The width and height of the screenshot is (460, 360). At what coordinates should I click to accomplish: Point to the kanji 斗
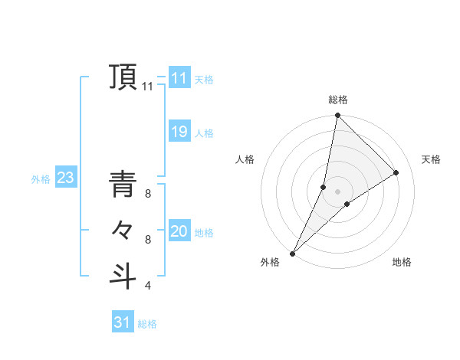[124, 276]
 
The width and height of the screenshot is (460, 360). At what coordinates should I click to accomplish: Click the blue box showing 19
[179, 132]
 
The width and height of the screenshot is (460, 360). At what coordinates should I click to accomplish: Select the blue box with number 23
[65, 178]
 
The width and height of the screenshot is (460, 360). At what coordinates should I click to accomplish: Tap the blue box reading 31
[122, 322]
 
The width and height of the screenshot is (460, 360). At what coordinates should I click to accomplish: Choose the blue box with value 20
[179, 231]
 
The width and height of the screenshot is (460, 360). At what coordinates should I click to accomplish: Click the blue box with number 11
[179, 78]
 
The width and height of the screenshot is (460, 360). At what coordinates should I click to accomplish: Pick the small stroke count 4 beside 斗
[148, 286]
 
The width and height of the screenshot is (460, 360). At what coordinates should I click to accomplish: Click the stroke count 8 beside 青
[148, 194]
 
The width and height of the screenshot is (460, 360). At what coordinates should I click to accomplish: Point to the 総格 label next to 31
[147, 324]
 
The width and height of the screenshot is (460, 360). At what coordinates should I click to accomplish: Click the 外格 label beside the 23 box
[41, 179]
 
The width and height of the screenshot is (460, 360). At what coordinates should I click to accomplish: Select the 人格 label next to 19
[204, 133]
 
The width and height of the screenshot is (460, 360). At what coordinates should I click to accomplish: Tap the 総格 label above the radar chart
[338, 100]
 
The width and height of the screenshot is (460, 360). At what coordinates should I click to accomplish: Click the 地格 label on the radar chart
[402, 262]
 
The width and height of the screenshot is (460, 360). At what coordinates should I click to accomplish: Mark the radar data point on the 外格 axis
[292, 253]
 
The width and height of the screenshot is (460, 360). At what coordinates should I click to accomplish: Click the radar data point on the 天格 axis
[396, 172]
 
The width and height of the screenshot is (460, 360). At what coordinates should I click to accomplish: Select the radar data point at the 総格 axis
[337, 116]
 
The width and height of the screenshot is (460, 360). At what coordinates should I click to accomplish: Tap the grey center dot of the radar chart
[337, 191]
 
